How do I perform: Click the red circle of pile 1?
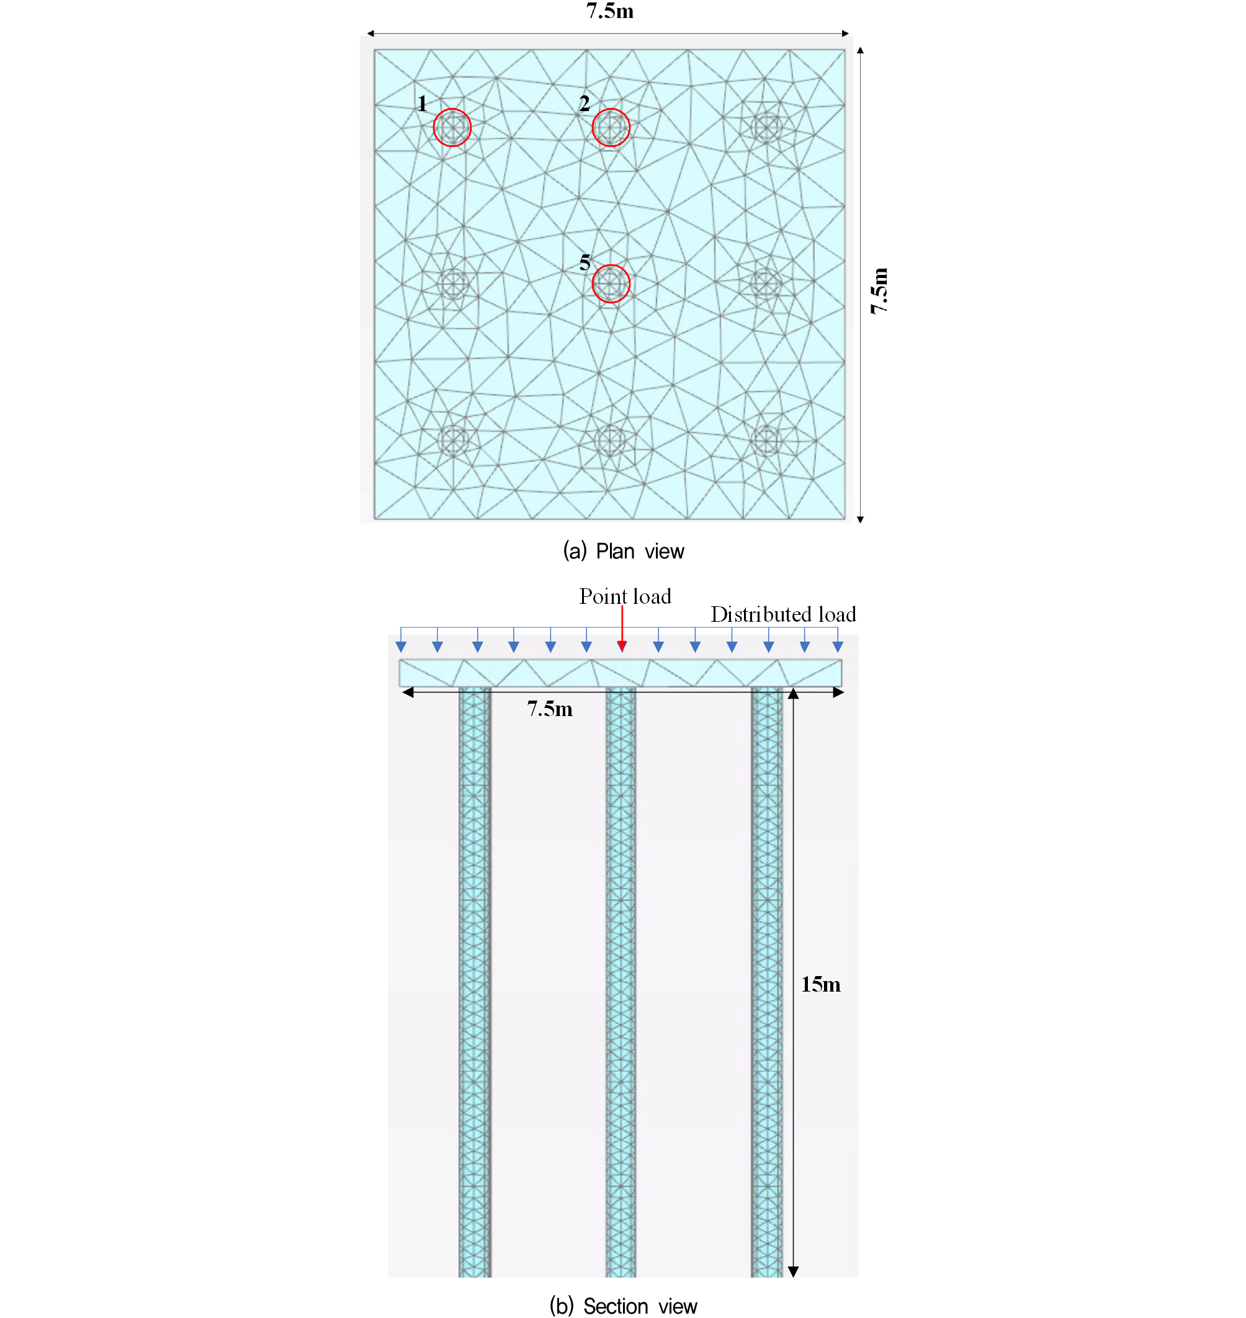[434, 128]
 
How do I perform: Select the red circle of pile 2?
[593, 128]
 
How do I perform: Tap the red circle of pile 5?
[593, 284]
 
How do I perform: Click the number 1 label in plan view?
[423, 103]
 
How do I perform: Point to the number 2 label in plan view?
[585, 103]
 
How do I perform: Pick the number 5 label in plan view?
[585, 262]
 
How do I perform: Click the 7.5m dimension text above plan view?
[610, 11]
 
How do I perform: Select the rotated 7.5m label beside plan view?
[879, 291]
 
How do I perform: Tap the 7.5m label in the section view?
[550, 709]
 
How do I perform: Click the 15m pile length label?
[821, 984]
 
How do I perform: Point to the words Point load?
[625, 596]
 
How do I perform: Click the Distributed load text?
[783, 614]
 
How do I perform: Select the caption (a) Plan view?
[624, 550]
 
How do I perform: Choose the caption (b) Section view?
[624, 1306]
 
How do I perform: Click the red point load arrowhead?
[622, 647]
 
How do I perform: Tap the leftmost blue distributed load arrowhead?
[401, 647]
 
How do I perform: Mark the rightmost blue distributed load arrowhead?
[838, 647]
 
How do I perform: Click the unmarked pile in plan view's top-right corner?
[767, 128]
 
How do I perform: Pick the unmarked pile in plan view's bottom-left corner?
[454, 440]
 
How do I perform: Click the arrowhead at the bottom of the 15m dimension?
[793, 1271]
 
